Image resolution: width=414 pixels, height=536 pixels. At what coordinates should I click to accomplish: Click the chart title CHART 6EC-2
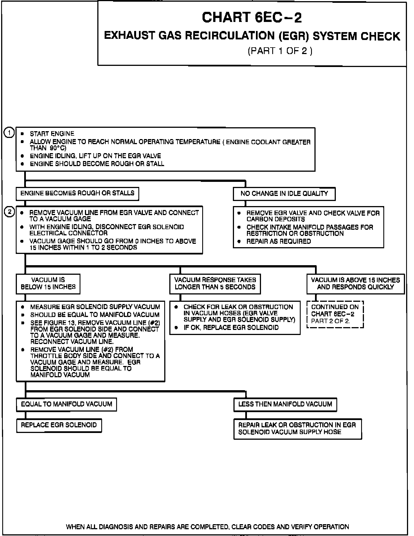[252, 17]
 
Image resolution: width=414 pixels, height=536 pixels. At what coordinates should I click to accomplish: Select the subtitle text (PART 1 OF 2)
[280, 51]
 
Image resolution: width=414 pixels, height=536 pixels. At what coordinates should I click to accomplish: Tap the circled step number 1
[9, 133]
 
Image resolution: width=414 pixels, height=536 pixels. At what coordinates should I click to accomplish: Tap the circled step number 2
[9, 212]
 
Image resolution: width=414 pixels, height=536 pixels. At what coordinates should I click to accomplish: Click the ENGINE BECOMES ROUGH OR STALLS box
[77, 194]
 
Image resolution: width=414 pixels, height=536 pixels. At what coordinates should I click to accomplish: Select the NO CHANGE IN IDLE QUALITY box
[284, 194]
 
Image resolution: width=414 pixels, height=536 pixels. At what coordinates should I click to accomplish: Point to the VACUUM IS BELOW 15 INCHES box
[48, 283]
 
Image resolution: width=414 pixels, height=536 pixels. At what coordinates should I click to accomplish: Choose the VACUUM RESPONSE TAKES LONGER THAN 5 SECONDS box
[215, 283]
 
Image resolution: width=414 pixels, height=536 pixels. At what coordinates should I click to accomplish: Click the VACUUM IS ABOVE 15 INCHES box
[355, 283]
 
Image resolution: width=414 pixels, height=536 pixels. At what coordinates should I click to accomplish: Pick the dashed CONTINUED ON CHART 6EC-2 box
[335, 314]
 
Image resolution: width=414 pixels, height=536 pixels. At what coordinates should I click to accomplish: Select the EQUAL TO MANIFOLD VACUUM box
[66, 404]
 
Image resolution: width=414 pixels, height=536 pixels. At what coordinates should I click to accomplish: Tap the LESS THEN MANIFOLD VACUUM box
[285, 405]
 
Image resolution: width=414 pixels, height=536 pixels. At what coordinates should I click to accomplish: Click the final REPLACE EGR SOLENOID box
[59, 425]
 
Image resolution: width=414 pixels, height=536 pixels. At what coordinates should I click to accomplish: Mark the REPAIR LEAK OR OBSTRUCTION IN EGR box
[297, 428]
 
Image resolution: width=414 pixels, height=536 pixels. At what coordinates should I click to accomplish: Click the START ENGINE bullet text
[52, 134]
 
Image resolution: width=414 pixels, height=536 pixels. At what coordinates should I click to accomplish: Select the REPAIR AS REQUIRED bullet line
[278, 241]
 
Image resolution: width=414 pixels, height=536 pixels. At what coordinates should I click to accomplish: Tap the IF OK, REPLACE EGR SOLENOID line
[231, 327]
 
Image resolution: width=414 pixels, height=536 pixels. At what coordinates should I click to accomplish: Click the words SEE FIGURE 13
[51, 323]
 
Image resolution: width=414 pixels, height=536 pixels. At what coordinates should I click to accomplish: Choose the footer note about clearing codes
[207, 527]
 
